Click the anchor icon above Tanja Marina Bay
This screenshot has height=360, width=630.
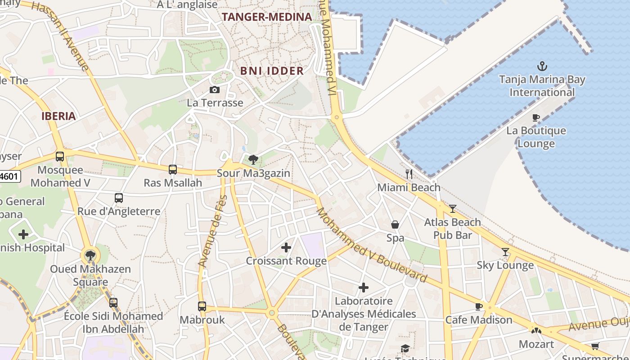542,67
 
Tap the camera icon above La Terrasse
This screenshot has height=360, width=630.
215,90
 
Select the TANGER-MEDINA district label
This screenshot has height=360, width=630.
267,17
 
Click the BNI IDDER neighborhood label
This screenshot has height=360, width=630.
272,71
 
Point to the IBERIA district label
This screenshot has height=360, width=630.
58,116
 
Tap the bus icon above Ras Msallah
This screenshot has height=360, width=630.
173,170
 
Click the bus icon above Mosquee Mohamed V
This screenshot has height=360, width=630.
60,157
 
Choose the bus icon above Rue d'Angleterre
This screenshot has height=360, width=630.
119,198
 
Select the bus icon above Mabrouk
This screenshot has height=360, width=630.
202,306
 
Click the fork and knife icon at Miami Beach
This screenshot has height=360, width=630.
409,174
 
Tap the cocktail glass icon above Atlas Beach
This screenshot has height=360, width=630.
453,209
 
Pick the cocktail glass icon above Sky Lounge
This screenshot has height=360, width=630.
505,252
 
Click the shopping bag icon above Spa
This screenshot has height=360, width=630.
395,225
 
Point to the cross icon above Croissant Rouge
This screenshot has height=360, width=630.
286,247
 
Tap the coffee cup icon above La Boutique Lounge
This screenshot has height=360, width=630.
535,117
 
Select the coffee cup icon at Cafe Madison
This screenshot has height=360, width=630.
479,306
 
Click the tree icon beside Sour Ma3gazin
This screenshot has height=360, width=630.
253,159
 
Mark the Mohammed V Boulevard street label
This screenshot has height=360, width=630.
372,246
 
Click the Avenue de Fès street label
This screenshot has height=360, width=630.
211,232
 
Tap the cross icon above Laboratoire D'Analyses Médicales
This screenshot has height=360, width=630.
364,288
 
